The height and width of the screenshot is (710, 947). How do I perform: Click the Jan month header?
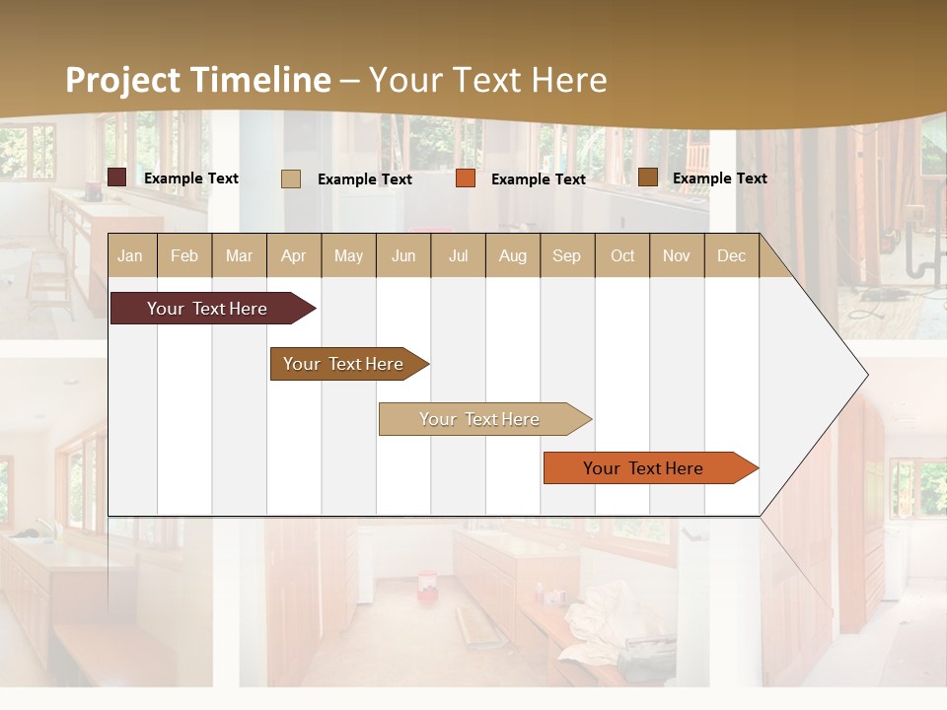tap(130, 255)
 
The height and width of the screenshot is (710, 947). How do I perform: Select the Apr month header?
tap(294, 255)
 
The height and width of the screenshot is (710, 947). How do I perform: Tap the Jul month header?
tap(458, 255)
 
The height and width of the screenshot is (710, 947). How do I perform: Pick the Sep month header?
tap(566, 255)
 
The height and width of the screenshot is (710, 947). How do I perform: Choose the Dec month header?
tap(731, 255)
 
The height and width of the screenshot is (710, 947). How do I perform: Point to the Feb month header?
tap(184, 255)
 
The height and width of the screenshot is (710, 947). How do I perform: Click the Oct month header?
tap(622, 255)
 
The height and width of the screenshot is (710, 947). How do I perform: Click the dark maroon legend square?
tap(117, 177)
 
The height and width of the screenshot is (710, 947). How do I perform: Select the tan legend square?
tap(291, 178)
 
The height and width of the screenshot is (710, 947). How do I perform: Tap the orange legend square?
tap(466, 178)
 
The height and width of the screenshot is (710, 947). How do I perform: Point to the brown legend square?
tap(648, 177)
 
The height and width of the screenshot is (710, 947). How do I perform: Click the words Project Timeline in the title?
tap(197, 80)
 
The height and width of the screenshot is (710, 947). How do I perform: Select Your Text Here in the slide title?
tap(488, 80)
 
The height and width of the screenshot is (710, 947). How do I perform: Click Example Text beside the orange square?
tap(539, 178)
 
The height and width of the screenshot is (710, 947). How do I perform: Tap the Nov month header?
tap(677, 255)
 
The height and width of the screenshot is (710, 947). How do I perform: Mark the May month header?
tap(348, 255)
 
